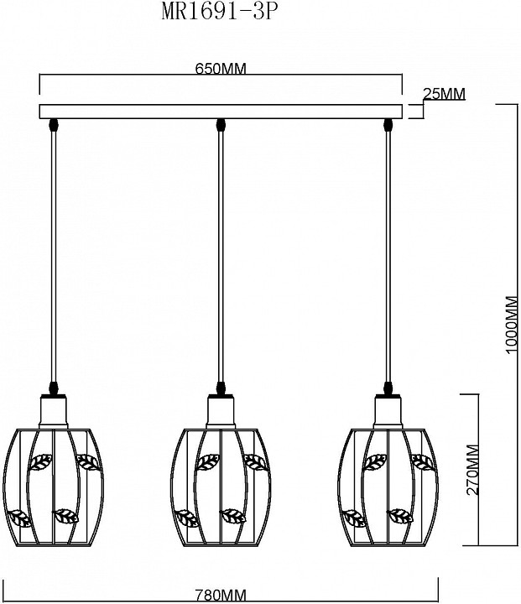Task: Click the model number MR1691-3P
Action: (x=219, y=12)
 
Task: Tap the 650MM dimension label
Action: (x=221, y=69)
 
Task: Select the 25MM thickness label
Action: (x=445, y=94)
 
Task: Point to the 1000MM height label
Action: (x=511, y=325)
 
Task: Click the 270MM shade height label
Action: (x=472, y=470)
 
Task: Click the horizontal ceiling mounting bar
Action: (x=221, y=111)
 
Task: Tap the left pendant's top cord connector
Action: (x=53, y=125)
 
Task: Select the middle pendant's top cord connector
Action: (x=221, y=125)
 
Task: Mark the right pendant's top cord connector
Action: (x=388, y=125)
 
